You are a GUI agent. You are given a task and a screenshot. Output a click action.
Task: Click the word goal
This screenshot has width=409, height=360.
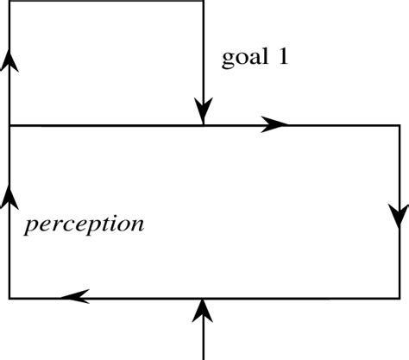pyautogui.click(x=244, y=60)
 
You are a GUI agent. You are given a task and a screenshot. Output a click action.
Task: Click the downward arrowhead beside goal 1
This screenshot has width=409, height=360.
pyautogui.click(x=203, y=111)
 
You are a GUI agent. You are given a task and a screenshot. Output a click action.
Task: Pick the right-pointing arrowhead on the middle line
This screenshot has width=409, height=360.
pyautogui.click(x=274, y=125)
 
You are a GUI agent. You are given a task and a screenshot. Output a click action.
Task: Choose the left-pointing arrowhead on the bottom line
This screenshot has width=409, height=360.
pyautogui.click(x=75, y=297)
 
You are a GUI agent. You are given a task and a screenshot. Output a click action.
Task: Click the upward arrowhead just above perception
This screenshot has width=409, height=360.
pyautogui.click(x=9, y=197)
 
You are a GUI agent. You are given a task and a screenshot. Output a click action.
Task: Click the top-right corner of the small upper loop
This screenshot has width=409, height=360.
pyautogui.click(x=203, y=2)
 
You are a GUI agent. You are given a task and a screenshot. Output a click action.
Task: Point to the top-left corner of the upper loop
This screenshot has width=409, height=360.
pyautogui.click(x=9, y=2)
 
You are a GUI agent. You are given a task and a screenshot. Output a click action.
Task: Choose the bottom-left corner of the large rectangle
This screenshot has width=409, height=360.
pyautogui.click(x=9, y=298)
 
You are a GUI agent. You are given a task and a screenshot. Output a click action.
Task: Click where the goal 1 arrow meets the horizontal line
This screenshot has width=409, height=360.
pyautogui.click(x=203, y=125)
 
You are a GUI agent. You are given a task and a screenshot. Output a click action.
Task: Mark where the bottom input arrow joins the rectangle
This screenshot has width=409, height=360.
pyautogui.click(x=203, y=299)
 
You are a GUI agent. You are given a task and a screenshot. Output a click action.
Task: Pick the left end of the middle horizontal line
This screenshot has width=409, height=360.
pyautogui.click(x=10, y=126)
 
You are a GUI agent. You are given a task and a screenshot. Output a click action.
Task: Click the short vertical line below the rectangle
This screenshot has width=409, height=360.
pyautogui.click(x=203, y=341)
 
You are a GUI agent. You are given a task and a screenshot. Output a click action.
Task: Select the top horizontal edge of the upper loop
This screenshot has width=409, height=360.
pyautogui.click(x=104, y=2)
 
